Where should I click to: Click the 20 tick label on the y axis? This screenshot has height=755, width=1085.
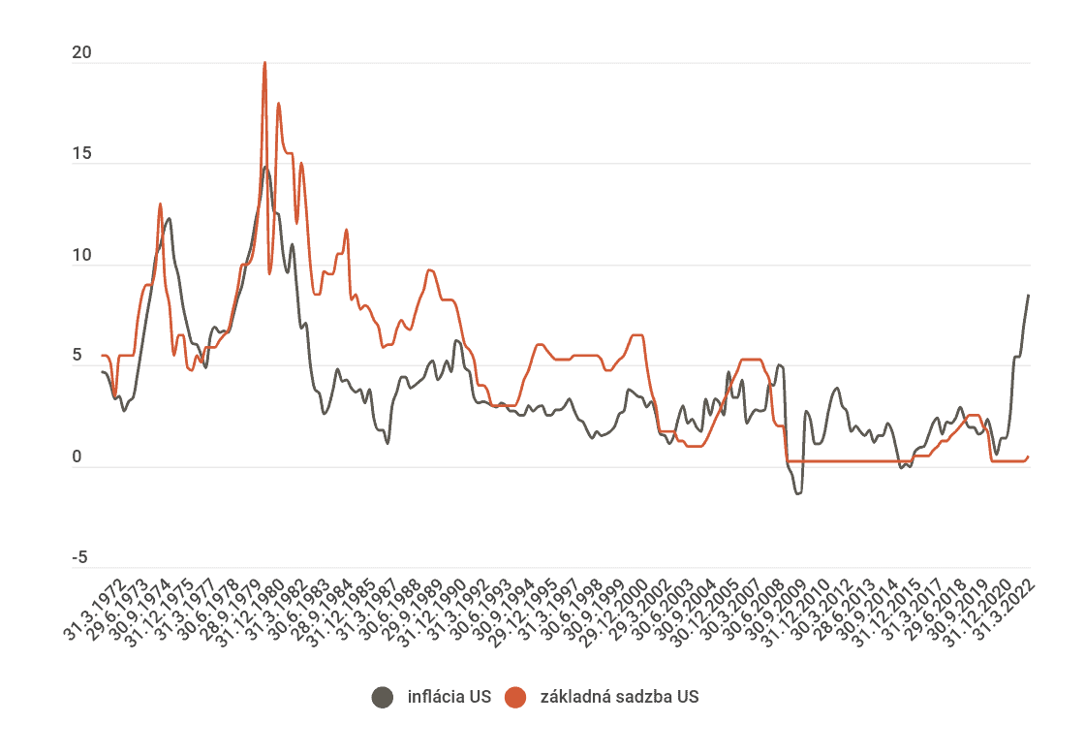(x=81, y=54)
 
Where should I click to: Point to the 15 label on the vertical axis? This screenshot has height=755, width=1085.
(x=81, y=155)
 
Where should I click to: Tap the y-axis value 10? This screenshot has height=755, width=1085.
(x=81, y=256)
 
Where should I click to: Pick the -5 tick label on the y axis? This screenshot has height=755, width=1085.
(x=79, y=558)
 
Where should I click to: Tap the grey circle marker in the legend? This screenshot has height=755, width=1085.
(x=384, y=697)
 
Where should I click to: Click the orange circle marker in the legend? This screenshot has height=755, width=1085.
(x=515, y=697)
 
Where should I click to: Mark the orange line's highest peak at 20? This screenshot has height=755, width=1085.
(x=264, y=64)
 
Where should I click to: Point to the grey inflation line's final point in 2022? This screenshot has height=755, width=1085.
(x=1028, y=295)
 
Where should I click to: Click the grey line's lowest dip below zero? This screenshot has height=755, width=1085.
(x=798, y=493)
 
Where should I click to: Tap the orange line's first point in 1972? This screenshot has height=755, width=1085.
(x=102, y=356)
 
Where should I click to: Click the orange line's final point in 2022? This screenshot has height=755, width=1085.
(x=1028, y=456)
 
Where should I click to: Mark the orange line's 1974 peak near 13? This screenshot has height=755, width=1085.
(x=160, y=204)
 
